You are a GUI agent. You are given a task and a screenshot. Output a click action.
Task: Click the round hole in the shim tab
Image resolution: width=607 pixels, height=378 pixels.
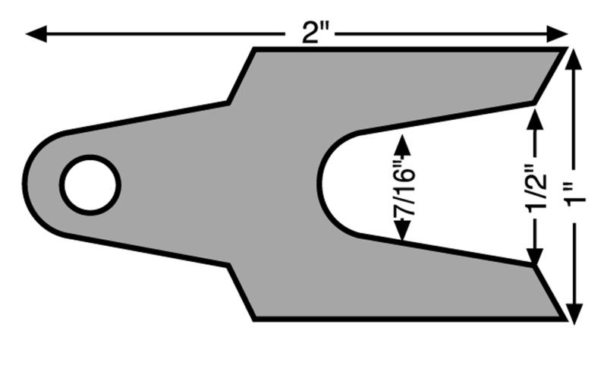(x=90, y=185)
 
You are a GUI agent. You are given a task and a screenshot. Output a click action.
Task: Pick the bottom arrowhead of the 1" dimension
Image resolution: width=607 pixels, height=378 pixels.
(x=574, y=313)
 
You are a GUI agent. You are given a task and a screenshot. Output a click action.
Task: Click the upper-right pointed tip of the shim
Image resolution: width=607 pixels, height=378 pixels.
(x=565, y=49)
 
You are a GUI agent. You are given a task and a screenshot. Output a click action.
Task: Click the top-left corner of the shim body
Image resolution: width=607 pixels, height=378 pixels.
(x=253, y=49)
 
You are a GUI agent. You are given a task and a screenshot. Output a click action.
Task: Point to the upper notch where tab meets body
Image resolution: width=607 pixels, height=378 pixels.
(x=229, y=102)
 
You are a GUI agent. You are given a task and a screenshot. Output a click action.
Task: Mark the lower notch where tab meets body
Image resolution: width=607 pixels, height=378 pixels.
(x=229, y=266)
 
